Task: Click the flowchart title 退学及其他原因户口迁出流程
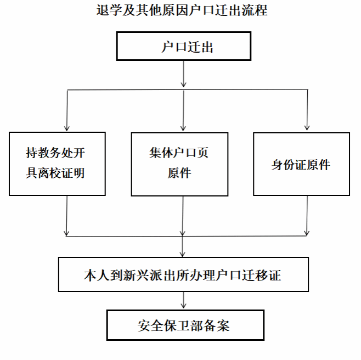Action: [x=182, y=10]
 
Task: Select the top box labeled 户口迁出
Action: [x=183, y=46]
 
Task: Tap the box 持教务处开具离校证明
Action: [x=57, y=164]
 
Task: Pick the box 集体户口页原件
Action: [x=179, y=164]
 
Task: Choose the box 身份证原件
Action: [x=301, y=164]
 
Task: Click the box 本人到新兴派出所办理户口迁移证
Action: [x=183, y=274]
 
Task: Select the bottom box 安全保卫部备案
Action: [x=185, y=325]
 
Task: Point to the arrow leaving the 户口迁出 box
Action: [x=183, y=74]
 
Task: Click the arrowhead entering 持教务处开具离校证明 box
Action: [x=67, y=128]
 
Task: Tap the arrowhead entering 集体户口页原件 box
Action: [x=183, y=128]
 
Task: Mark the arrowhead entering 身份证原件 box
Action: [x=307, y=127]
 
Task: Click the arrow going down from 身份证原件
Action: [x=307, y=216]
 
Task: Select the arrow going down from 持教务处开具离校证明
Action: [x=67, y=216]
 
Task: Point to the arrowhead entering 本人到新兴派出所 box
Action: [x=182, y=254]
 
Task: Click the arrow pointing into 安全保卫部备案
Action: [x=183, y=300]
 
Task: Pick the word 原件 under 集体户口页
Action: [x=179, y=173]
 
